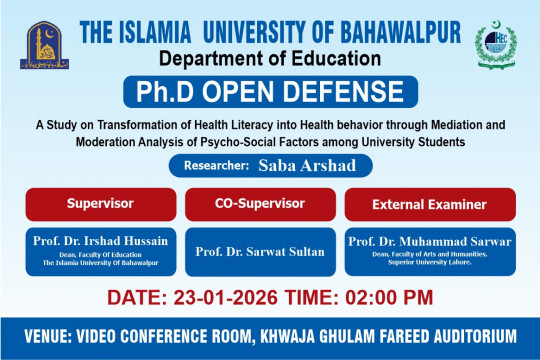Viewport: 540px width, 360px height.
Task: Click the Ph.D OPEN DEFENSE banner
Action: (270, 96)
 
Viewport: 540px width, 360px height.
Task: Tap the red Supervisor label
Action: (100, 203)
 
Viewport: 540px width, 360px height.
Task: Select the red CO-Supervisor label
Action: (260, 203)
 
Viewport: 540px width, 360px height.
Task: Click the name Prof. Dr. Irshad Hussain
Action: (99, 240)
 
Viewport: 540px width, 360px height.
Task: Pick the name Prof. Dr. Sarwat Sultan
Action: (260, 252)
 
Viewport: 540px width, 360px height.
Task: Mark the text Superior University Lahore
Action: (424, 261)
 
